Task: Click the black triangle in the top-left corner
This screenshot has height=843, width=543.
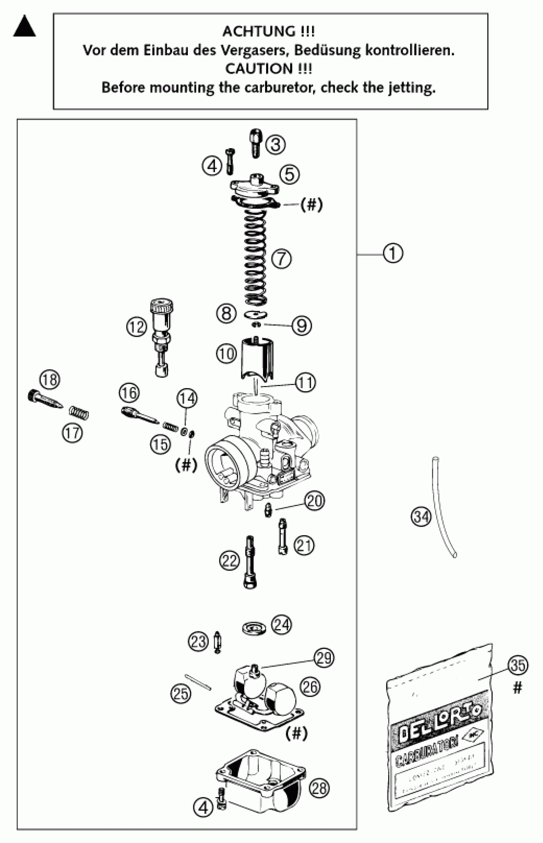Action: (x=24, y=27)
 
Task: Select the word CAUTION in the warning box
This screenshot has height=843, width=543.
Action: (x=259, y=69)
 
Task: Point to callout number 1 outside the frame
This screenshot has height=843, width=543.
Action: (x=393, y=254)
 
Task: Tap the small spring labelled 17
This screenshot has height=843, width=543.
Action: (x=79, y=412)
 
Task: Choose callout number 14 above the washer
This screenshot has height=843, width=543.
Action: (x=187, y=399)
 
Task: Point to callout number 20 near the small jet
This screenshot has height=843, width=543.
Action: (x=315, y=501)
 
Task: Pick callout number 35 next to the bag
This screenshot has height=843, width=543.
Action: (x=518, y=666)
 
